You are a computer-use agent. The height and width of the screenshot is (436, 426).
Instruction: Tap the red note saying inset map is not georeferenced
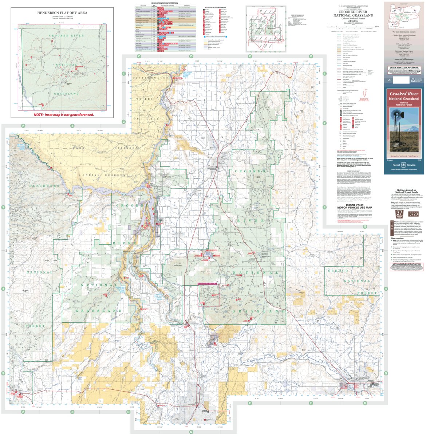[64, 114]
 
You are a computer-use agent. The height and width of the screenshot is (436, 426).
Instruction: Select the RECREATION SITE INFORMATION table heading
[165, 3]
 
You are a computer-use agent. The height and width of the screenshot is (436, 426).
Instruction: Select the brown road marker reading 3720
[413, 214]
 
